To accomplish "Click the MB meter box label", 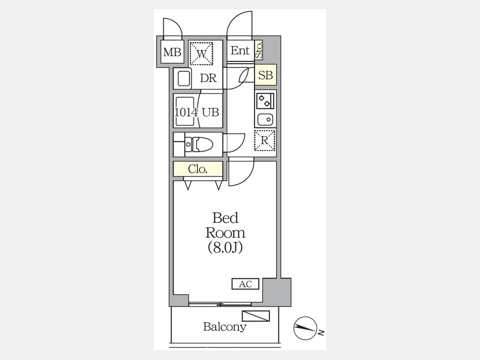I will (172, 52).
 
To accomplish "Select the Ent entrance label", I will (240, 51).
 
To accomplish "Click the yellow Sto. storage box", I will (259, 50).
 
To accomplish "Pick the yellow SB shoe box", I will (265, 75).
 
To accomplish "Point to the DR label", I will (208, 78).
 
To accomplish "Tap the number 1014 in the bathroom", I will (186, 112).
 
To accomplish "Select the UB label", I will (210, 112).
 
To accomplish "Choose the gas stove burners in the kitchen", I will (265, 100).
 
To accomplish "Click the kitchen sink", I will (265, 118).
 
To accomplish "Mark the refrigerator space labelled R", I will (265, 141).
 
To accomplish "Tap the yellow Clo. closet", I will (197, 170).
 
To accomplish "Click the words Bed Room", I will (225, 225).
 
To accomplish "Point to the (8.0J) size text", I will (225, 247).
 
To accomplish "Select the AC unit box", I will (245, 284).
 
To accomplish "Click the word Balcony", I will (225, 327).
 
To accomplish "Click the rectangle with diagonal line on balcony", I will (255, 316).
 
